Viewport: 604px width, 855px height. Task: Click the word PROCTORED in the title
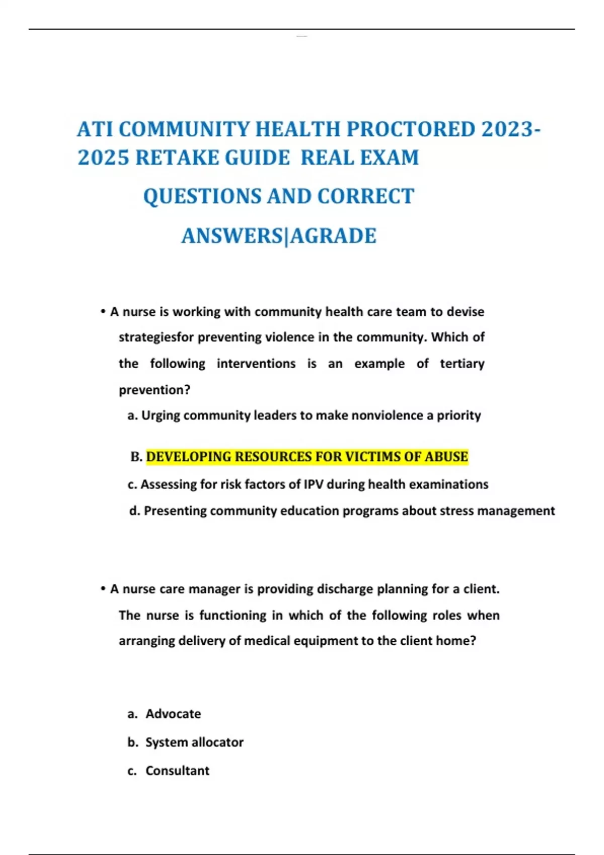410,130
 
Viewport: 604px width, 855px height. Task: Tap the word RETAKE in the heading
180,158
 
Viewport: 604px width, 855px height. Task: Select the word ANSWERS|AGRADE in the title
279,236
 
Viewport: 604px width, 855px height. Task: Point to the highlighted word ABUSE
446,457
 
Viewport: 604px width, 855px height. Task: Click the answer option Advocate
173,714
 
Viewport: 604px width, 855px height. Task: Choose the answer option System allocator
194,742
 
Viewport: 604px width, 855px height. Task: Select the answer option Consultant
177,771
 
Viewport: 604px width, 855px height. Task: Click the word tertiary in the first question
462,364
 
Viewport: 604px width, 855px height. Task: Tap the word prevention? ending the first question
155,390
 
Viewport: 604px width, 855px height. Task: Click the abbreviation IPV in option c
313,484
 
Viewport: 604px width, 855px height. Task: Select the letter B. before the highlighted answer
136,457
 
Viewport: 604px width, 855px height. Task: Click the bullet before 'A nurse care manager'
102,589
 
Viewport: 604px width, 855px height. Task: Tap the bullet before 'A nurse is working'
102,312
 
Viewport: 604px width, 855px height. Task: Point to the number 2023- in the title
511,130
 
